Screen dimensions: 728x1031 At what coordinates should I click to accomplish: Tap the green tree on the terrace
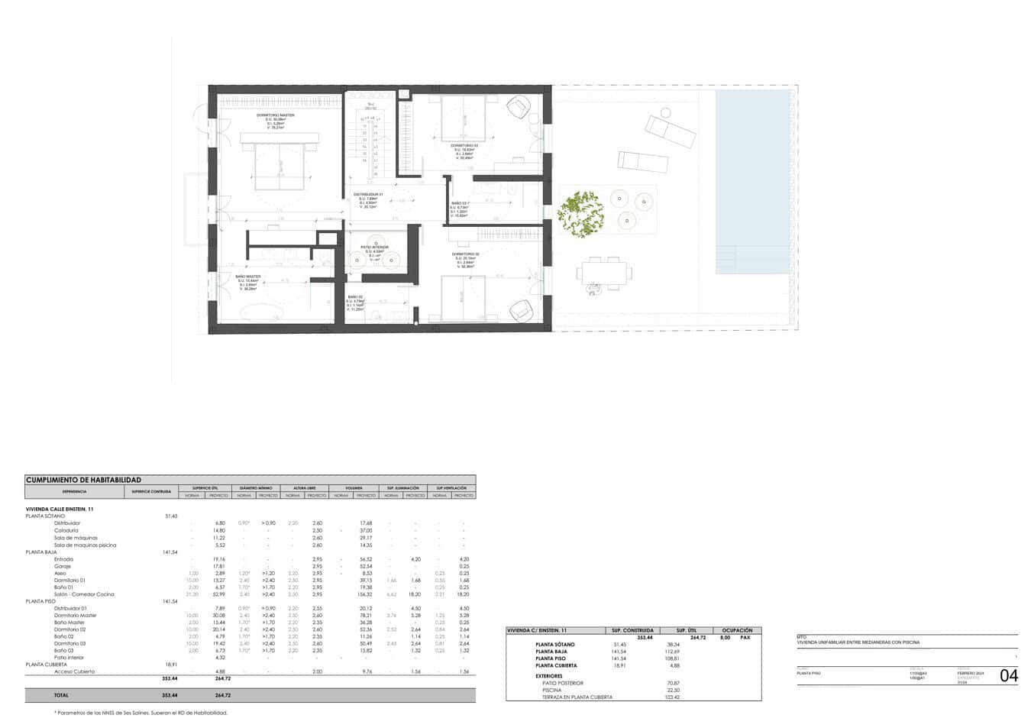[579, 213]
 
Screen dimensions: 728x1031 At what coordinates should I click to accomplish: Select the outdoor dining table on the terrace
[606, 271]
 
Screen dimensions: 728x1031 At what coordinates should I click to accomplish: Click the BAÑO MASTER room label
[248, 276]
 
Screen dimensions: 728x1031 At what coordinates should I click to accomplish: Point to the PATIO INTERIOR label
[374, 247]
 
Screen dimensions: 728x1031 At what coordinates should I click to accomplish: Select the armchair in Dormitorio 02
[522, 310]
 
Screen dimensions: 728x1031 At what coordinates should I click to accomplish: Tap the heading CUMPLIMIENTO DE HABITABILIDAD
[83, 480]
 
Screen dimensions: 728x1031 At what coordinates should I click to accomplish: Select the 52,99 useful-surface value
[219, 594]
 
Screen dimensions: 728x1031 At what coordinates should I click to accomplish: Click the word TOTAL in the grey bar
[60, 695]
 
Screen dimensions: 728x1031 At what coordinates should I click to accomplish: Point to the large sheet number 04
[1008, 675]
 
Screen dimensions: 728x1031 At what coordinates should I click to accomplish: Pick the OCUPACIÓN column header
[737, 630]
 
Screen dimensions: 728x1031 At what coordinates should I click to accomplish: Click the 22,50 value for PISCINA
[673, 690]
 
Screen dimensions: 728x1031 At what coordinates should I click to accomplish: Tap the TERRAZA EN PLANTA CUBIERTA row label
[577, 697]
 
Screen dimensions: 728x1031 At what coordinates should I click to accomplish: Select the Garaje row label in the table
[63, 566]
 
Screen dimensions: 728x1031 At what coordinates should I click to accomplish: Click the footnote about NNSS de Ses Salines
[141, 713]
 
